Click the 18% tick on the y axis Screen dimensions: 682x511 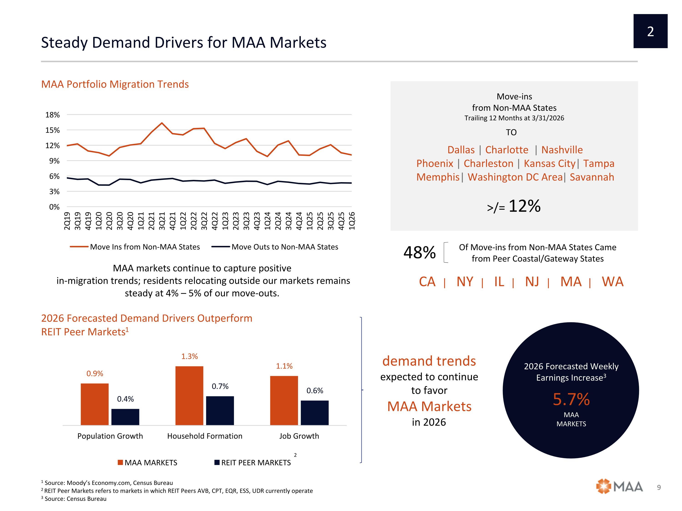(53, 115)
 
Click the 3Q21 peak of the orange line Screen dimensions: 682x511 (162, 123)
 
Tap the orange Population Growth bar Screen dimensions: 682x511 (95, 404)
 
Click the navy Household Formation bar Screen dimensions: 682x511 (220, 411)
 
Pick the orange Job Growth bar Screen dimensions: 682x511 (284, 400)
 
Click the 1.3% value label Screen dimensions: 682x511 (189, 356)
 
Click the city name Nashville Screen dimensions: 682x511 (562, 150)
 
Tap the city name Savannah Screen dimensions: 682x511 (592, 177)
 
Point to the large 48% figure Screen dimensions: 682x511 (420, 253)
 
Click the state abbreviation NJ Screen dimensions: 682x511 (532, 282)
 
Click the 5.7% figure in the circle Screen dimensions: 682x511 (571, 399)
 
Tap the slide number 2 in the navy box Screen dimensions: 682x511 (651, 31)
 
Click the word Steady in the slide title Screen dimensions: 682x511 (64, 42)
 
